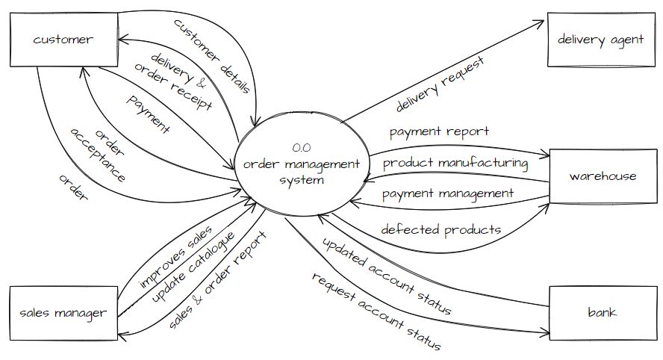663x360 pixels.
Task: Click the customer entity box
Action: click(x=63, y=40)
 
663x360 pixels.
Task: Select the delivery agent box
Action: click(x=600, y=40)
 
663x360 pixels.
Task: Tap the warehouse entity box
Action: click(x=603, y=176)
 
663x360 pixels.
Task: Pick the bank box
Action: click(x=602, y=311)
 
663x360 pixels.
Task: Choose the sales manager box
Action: click(x=63, y=313)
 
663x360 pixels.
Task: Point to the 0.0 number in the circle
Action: click(x=302, y=148)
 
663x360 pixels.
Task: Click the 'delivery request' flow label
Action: click(x=440, y=84)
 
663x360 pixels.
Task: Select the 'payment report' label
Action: click(x=439, y=131)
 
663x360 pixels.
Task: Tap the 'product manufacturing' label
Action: click(x=455, y=162)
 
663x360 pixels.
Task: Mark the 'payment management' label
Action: click(x=448, y=193)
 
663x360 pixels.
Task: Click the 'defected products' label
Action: click(x=441, y=229)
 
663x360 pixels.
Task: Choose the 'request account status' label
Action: click(x=376, y=311)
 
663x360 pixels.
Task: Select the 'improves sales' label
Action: click(x=175, y=258)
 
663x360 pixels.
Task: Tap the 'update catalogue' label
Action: click(x=193, y=267)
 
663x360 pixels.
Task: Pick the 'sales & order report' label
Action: click(x=217, y=280)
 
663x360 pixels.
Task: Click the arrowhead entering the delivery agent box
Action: click(x=542, y=22)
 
